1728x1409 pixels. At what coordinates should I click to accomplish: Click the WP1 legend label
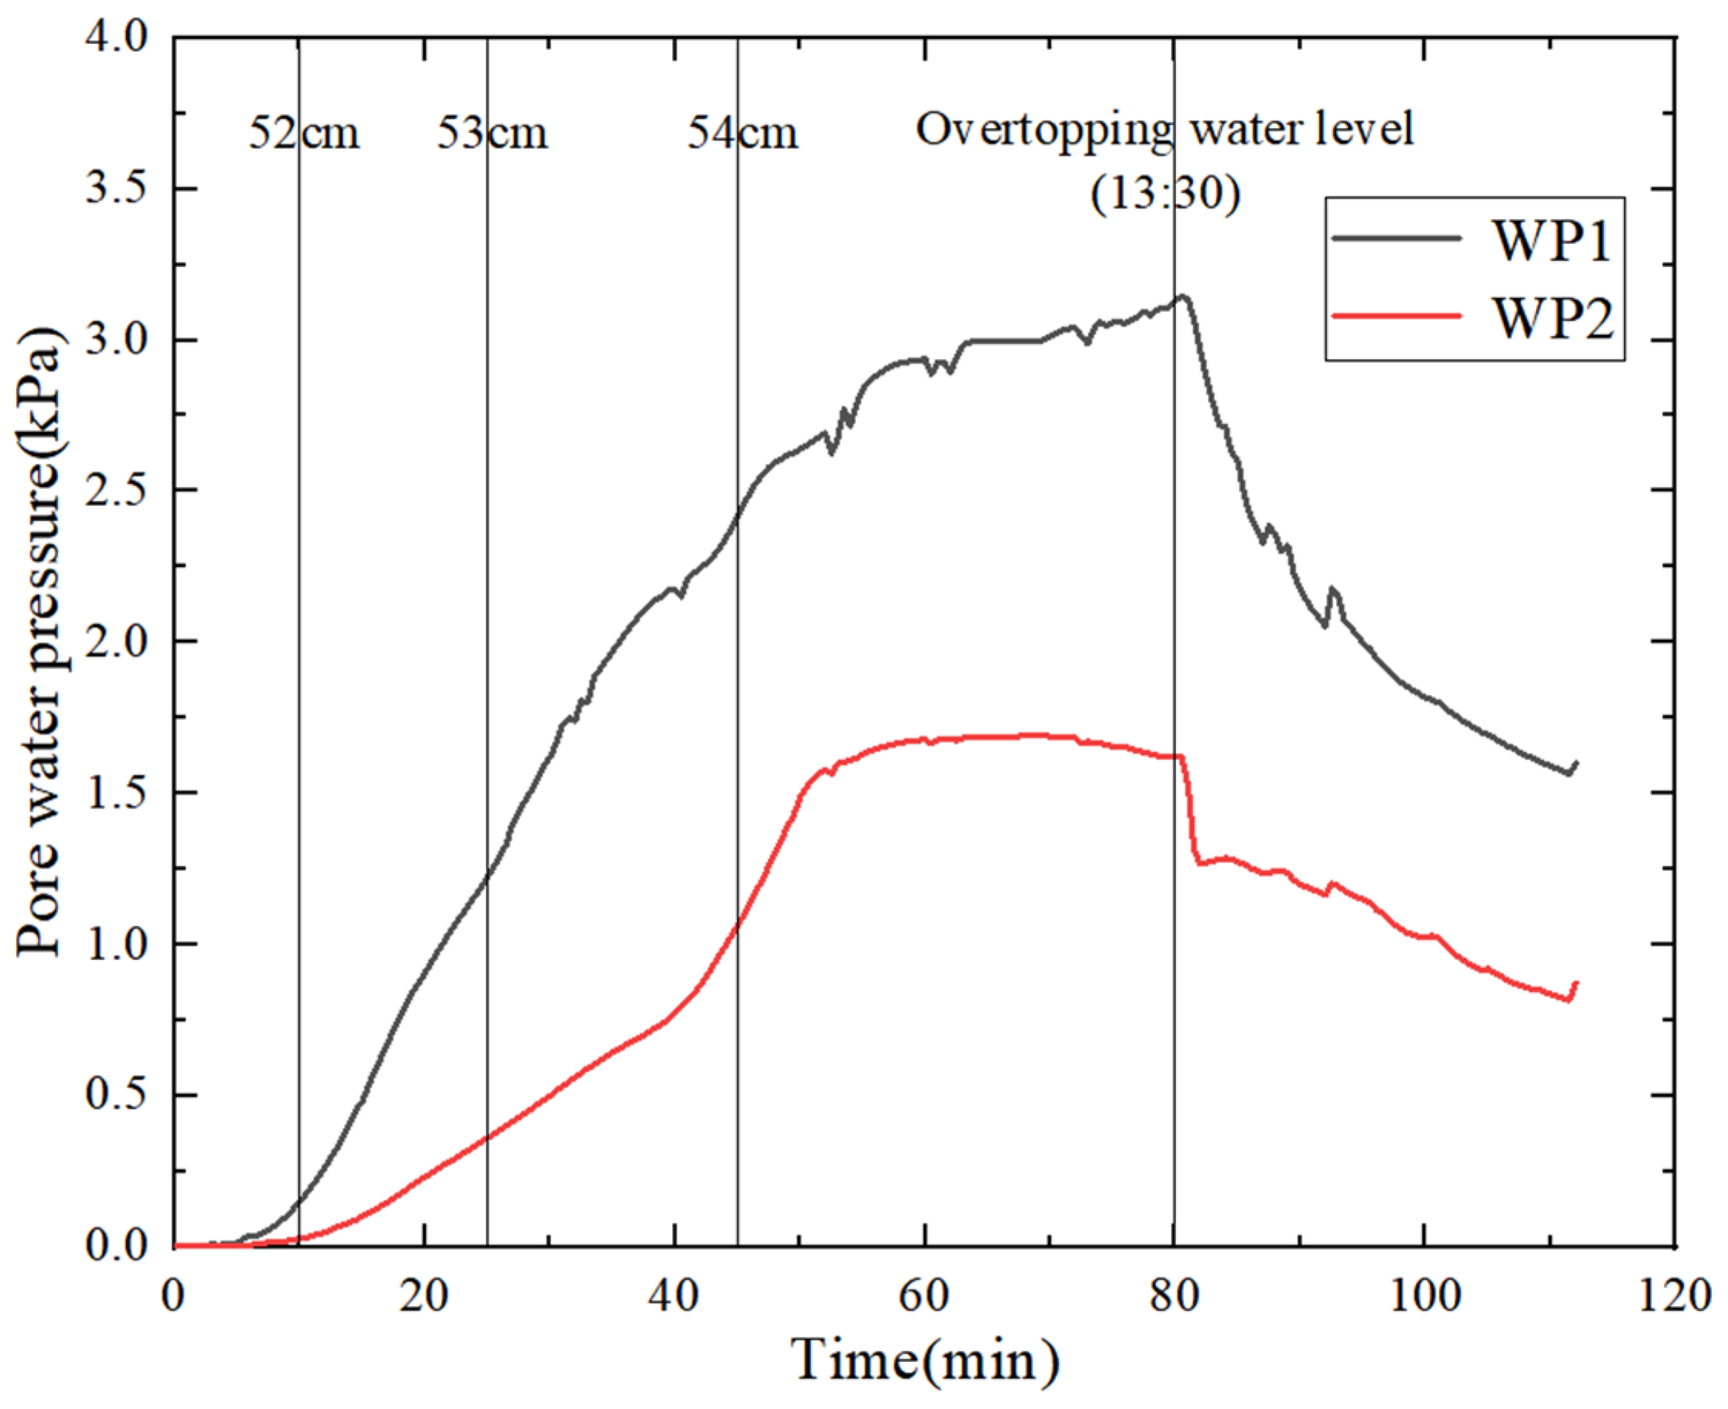tap(1550, 241)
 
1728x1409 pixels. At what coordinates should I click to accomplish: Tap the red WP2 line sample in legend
tap(1396, 315)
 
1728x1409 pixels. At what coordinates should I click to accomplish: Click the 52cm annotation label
tap(303, 134)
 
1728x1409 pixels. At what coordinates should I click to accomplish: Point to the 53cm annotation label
tap(493, 134)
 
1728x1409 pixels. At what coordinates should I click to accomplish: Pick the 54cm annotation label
tap(742, 134)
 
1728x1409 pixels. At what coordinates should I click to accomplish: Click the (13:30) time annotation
tap(1165, 195)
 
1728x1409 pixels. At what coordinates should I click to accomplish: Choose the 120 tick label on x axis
tap(1674, 1295)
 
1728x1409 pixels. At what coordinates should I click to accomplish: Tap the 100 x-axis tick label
tap(1424, 1295)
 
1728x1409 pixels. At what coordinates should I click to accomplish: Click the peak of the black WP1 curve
tap(1184, 296)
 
